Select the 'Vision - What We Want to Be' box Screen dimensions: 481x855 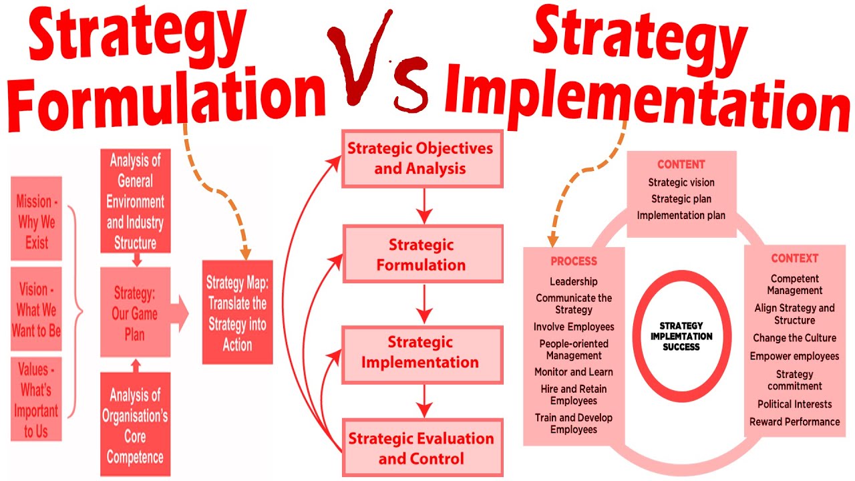[37, 310]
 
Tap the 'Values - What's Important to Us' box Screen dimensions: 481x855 [37, 399]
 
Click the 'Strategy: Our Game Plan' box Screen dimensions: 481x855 [135, 312]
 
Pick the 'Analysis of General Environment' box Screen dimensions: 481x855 [136, 200]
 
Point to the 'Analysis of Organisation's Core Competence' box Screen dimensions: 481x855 [135, 426]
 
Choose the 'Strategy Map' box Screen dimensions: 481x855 [238, 312]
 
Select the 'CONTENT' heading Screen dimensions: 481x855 [681, 164]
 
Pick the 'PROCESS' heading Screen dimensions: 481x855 [574, 261]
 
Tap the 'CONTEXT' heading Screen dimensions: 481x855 [794, 259]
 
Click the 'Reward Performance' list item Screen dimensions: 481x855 [794, 422]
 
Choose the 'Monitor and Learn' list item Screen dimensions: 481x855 [574, 372]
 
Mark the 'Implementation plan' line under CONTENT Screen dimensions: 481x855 [681, 215]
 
